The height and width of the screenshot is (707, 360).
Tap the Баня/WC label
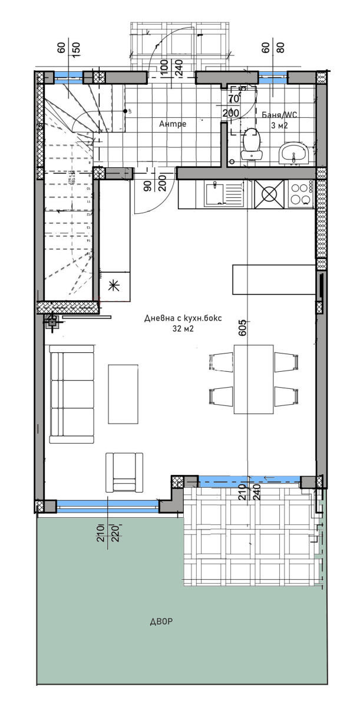(280, 115)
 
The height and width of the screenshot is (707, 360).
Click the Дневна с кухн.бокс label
(183, 318)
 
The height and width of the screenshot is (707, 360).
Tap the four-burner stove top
(301, 194)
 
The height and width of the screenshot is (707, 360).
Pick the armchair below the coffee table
(124, 472)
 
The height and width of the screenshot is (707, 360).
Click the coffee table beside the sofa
(123, 394)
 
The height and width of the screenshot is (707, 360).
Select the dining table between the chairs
(254, 379)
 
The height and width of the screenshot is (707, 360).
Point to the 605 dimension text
(242, 328)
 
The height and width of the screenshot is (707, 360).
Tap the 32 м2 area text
(183, 329)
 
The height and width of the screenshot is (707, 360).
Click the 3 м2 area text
(280, 125)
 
